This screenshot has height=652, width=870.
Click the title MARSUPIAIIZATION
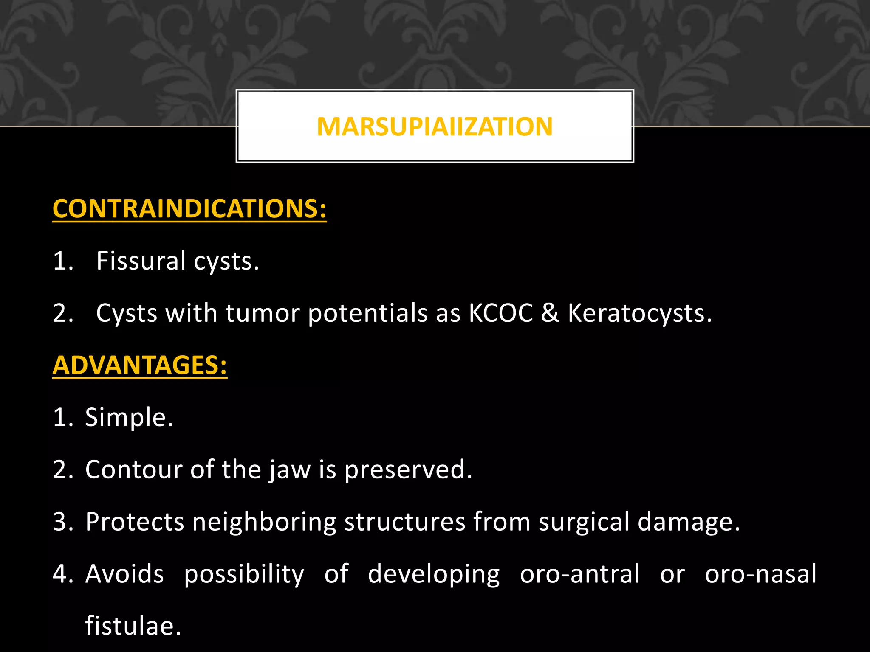point(435,126)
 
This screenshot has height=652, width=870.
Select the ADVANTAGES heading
point(140,365)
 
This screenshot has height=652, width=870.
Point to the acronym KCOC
point(500,313)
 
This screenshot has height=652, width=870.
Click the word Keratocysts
point(639,313)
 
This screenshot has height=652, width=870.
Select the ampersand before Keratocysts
point(550,313)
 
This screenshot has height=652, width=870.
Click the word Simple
point(129,417)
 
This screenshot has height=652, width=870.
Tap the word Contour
point(133,469)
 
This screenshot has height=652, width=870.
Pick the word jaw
point(290,470)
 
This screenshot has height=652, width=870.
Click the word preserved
point(407,470)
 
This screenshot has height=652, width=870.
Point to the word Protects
point(134,522)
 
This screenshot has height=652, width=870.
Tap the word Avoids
point(124,574)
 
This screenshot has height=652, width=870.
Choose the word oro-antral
point(580,574)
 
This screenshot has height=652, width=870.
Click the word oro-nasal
point(760,574)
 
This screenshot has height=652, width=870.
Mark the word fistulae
point(133,626)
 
